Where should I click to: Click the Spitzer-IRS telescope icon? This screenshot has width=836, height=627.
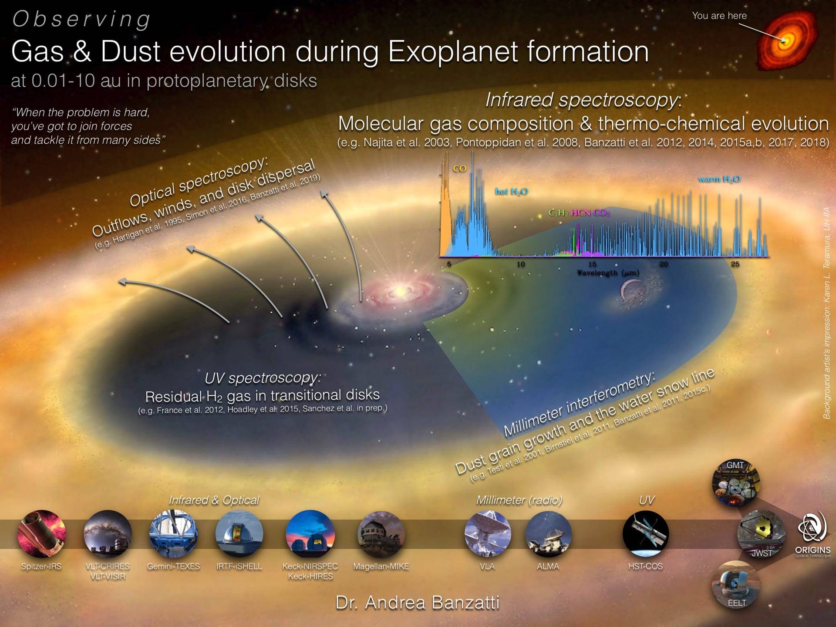[x=41, y=534]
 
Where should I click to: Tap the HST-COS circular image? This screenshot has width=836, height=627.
[x=645, y=534]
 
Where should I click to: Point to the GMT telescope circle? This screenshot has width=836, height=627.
[x=736, y=482]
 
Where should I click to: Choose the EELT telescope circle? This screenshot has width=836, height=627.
[x=736, y=585]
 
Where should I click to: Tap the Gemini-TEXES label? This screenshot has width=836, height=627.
[x=173, y=566]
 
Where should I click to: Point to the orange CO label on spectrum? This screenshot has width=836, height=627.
[x=459, y=169]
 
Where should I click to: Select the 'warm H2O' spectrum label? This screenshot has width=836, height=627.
[x=719, y=179]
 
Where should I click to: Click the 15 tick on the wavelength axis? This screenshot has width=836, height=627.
[x=592, y=264]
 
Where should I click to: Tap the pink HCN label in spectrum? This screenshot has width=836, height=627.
[x=581, y=212]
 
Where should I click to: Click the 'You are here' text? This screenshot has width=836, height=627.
[x=719, y=16]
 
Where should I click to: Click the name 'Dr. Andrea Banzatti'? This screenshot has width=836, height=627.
[x=418, y=603]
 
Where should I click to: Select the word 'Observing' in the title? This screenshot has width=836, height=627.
[x=81, y=20]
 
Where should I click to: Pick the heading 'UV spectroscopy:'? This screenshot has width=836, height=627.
[x=263, y=378]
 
